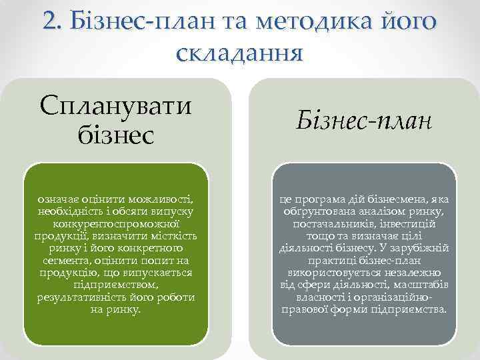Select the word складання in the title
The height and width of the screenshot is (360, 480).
coord(240,53)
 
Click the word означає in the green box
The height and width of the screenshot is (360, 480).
coord(57,198)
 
